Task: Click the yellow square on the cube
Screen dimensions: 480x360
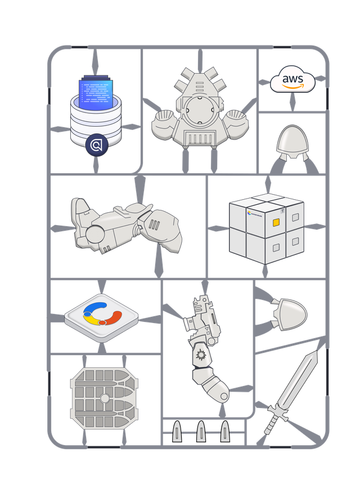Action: point(276,223)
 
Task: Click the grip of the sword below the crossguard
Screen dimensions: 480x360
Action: point(269,427)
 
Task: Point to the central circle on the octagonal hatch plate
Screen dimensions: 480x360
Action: point(104,398)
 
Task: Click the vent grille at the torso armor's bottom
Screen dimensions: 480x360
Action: point(200,138)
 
